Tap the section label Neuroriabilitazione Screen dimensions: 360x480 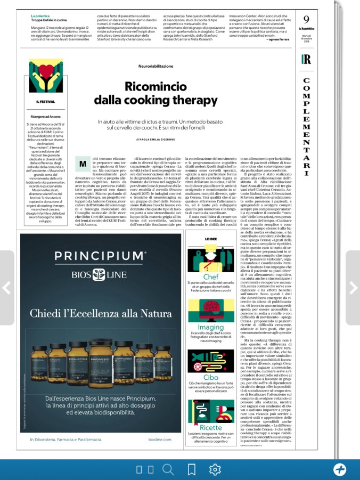pos(156,67)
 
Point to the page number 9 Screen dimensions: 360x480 pos(306,20)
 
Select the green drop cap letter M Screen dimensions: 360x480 pos(83,162)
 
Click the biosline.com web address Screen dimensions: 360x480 pos(160,440)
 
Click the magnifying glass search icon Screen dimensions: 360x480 pos(168,469)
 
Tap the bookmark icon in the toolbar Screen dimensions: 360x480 pos(191,469)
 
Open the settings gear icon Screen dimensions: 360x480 pos(215,469)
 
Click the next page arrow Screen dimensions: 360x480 pos(353,288)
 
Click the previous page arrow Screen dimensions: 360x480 pos(6,288)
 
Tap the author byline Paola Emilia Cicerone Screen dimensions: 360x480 pos(159,139)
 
